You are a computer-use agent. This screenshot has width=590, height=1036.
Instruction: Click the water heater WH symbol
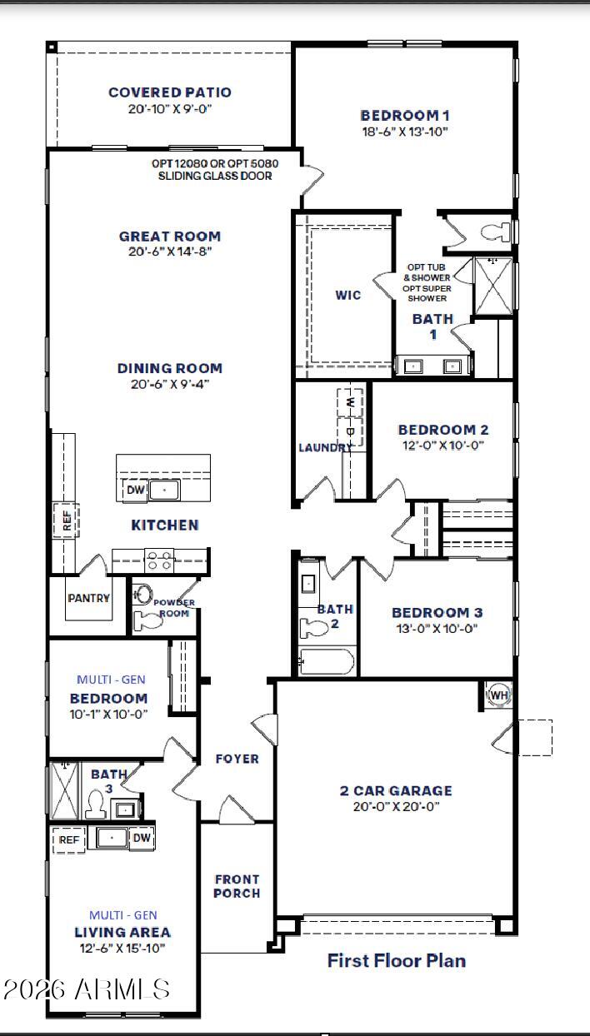pos(498,695)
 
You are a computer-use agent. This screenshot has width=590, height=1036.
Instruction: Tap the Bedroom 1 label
pos(405,115)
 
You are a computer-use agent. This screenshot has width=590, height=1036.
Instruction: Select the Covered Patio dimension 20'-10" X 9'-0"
pos(170,109)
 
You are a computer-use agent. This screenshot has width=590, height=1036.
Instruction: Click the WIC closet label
pos(348,295)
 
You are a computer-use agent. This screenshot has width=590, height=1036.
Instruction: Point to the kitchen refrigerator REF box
pos(66,520)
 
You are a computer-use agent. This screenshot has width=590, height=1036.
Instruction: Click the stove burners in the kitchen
pos(159,560)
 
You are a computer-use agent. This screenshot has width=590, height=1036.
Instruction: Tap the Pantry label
pos(88,598)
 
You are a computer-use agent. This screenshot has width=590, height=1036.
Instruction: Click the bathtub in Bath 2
pos(326,662)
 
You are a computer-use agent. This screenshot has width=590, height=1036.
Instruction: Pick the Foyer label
pos(237,759)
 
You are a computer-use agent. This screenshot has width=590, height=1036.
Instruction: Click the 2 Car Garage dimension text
pos(396,806)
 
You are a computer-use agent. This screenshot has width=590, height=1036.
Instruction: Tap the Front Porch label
pos(237,886)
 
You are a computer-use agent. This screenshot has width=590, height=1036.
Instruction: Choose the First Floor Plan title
pos(397,960)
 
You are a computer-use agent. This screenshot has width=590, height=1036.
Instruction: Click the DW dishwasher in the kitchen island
pos(135,490)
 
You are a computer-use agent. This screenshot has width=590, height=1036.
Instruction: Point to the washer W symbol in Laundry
pos(350,401)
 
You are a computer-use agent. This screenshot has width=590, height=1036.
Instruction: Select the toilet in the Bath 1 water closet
pos(496,232)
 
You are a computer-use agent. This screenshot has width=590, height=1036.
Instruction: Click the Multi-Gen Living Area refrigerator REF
pos(68,839)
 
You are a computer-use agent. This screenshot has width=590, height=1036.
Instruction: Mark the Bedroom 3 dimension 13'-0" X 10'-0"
pos(437,628)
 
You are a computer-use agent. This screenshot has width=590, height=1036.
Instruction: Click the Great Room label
pos(170,237)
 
